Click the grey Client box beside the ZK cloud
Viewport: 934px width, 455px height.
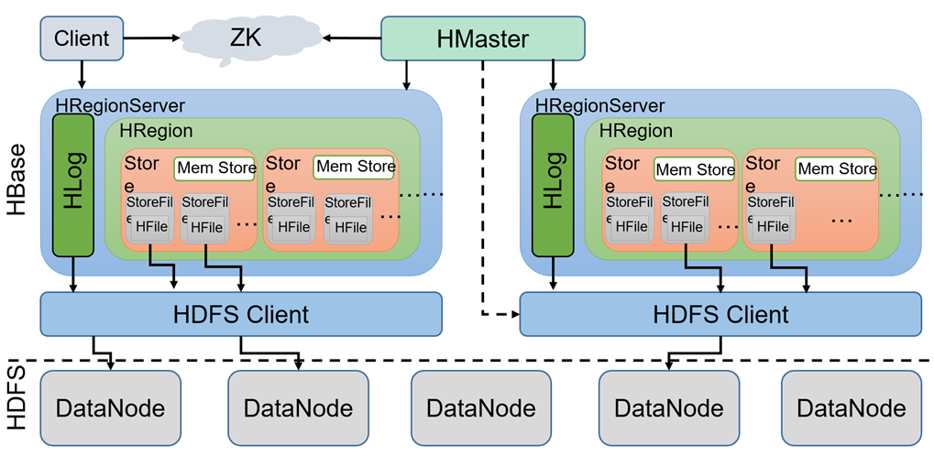tap(82, 38)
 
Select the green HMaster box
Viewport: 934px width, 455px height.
tap(482, 39)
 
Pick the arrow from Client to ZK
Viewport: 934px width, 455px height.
tap(150, 38)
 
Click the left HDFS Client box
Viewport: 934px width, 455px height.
tap(241, 315)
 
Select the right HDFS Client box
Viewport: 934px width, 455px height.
tap(720, 315)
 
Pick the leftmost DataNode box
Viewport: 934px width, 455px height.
tap(111, 407)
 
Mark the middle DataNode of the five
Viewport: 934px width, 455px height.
tap(481, 407)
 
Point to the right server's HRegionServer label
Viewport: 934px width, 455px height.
tap(599, 106)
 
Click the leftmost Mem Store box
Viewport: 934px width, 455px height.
tap(215, 168)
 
